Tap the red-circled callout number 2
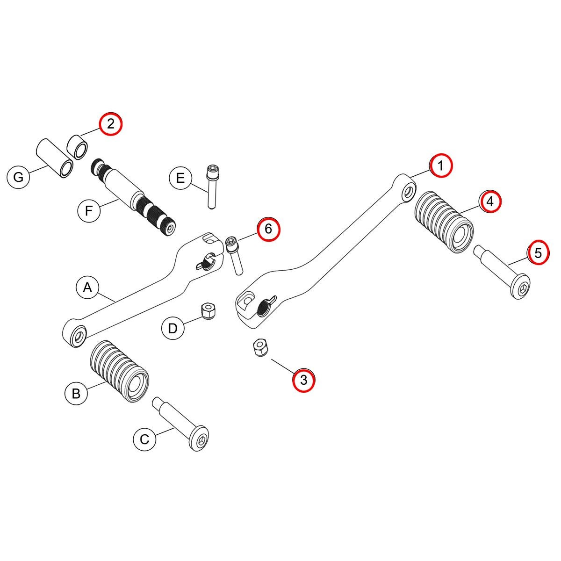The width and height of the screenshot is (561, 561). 110,124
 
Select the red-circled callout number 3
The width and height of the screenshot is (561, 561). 303,380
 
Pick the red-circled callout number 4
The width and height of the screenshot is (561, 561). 489,201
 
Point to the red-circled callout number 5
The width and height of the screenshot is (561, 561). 538,253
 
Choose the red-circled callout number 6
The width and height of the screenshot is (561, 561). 268,229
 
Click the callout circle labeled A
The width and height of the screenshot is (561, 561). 87,288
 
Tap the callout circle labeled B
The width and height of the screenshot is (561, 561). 76,393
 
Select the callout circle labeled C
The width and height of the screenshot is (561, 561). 144,439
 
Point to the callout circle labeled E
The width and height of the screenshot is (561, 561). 180,178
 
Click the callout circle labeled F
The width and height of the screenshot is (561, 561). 88,211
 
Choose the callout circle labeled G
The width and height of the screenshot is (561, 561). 18,177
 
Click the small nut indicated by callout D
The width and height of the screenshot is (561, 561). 207,310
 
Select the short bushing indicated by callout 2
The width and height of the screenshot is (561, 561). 78,145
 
